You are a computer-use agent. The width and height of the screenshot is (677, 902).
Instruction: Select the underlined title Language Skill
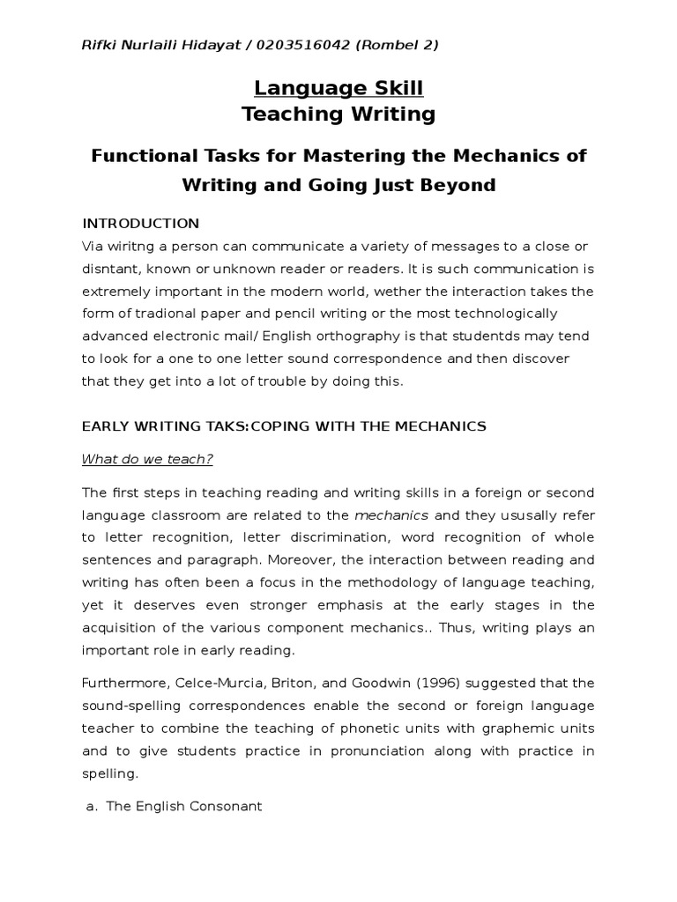(x=338, y=88)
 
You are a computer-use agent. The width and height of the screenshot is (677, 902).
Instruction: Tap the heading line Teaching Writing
(x=338, y=114)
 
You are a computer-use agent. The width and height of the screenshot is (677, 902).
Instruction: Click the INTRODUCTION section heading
(x=141, y=223)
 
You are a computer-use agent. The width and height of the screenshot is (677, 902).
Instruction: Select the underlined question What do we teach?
(x=148, y=459)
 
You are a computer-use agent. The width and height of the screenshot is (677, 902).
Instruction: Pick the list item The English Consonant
(x=184, y=806)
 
